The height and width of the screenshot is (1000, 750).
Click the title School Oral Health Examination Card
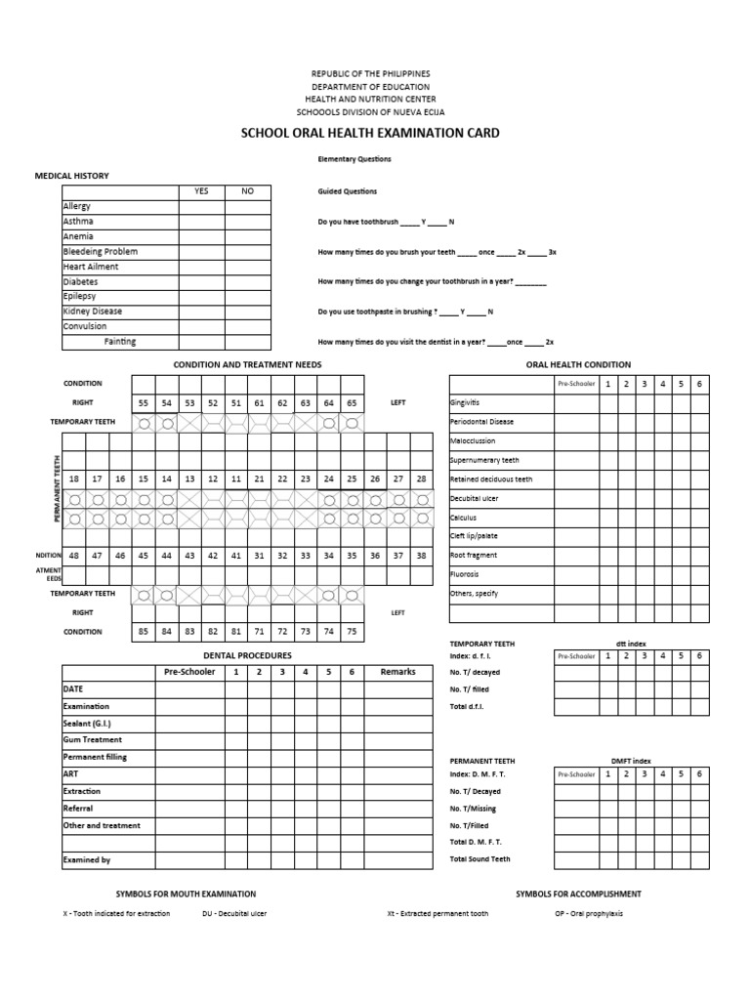[370, 133]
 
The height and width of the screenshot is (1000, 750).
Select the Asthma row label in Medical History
[78, 222]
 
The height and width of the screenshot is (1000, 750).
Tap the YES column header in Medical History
[201, 191]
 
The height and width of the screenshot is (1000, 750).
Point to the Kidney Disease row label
[93, 312]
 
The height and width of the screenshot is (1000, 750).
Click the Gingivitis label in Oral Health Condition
[465, 402]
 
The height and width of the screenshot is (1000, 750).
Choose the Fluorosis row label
[464, 574]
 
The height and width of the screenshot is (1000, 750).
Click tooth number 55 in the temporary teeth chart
[144, 402]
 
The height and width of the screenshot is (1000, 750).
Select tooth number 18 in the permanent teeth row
[73, 479]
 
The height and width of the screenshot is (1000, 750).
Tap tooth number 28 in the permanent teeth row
[422, 479]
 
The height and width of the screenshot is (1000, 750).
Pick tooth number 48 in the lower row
[73, 555]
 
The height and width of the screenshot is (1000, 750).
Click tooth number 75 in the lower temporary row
[352, 631]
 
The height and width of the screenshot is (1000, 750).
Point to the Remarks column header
[397, 672]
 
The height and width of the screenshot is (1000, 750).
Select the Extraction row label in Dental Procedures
[82, 791]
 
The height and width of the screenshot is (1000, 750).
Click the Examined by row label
[86, 860]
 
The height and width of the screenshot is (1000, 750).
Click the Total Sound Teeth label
[479, 859]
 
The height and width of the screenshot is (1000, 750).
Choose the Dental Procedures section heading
[247, 655]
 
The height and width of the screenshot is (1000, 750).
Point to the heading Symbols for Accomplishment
[578, 894]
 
